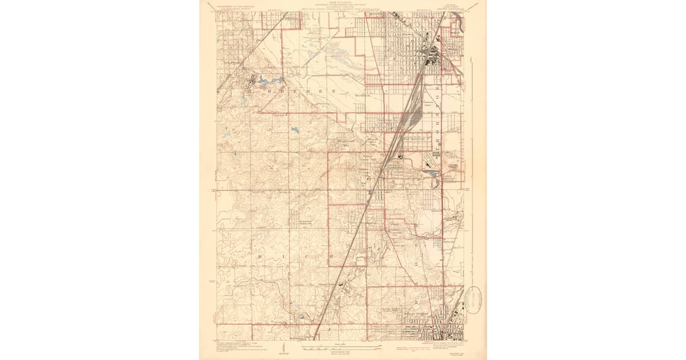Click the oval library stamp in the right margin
point(474,297)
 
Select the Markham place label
point(364,95)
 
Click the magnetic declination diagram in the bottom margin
point(284,350)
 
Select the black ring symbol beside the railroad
point(401,156)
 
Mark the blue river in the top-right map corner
point(461,24)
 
